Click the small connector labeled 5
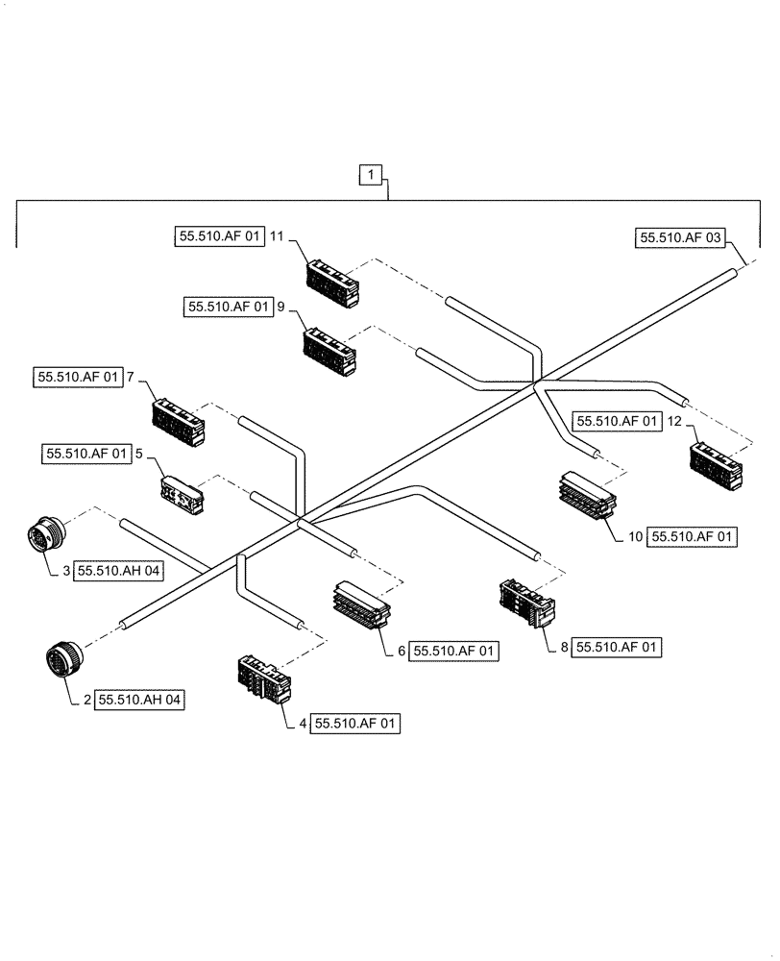click(x=182, y=493)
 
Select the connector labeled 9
click(x=329, y=348)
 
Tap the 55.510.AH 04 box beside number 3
click(x=119, y=571)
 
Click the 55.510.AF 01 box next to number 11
click(x=219, y=235)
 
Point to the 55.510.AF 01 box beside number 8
click(x=618, y=649)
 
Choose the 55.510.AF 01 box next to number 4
click(x=356, y=724)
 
